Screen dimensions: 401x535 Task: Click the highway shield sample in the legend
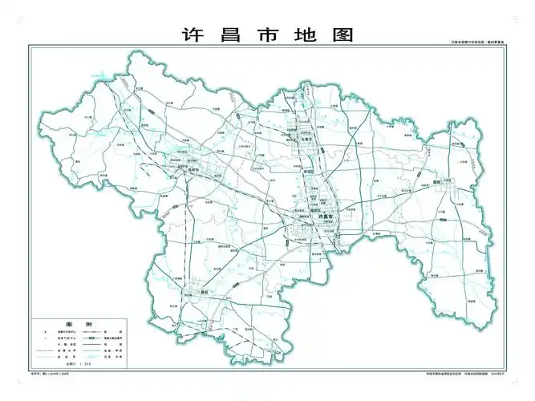click(x=103, y=341)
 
